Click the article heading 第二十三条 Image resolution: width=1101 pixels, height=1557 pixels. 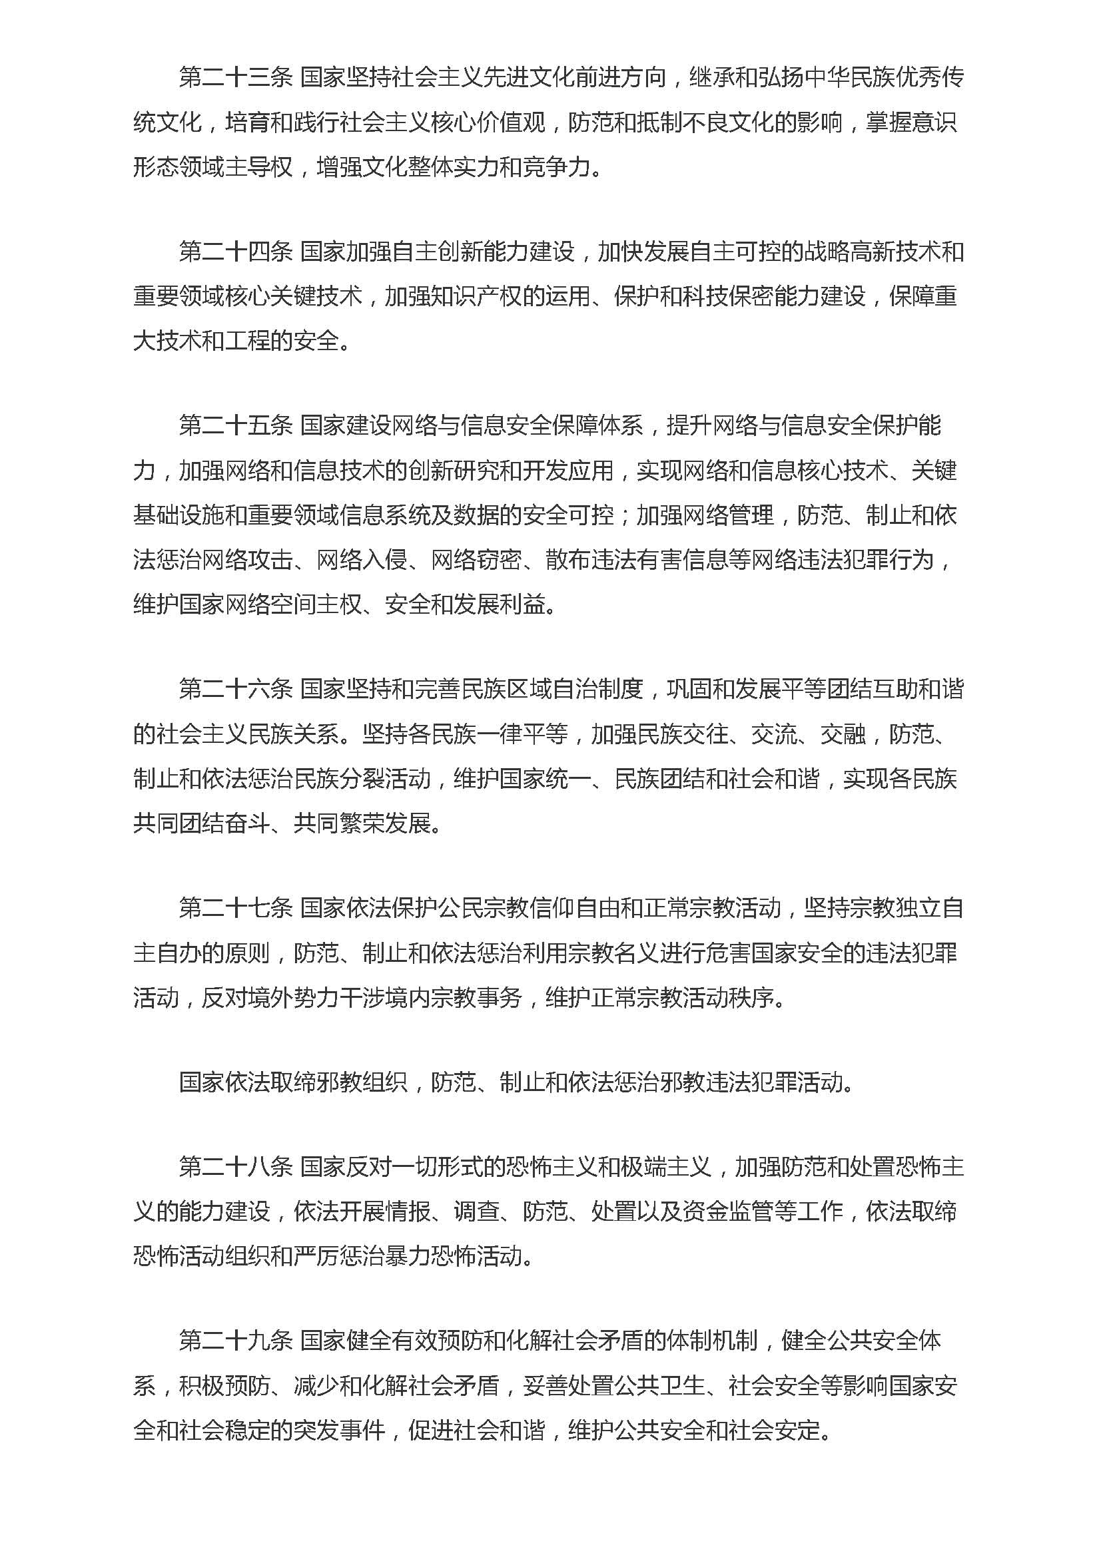[x=235, y=78]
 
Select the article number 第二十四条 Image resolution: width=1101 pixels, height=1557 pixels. [x=235, y=252]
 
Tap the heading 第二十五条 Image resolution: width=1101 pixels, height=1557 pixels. [x=235, y=426]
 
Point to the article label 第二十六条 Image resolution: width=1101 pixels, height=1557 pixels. [x=235, y=690]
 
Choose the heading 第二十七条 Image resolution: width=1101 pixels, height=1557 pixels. [x=235, y=908]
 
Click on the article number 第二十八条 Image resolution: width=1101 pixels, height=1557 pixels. [x=235, y=1167]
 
